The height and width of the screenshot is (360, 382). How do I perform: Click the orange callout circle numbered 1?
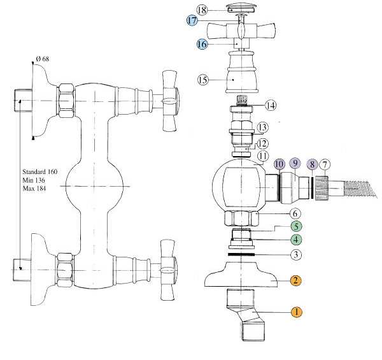pyautogui.click(x=296, y=312)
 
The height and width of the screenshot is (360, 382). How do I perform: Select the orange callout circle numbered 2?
pyautogui.click(x=296, y=280)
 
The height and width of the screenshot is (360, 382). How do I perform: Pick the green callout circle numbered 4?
pyautogui.click(x=296, y=240)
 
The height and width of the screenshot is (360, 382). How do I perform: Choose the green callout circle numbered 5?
pyautogui.click(x=296, y=226)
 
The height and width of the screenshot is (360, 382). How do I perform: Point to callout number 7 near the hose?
pyautogui.click(x=324, y=164)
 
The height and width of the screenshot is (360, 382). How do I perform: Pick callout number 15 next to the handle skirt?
pyautogui.click(x=203, y=80)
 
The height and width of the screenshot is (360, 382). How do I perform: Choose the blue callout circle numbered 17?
pyautogui.click(x=192, y=21)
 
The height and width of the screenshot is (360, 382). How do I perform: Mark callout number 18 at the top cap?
pyautogui.click(x=202, y=10)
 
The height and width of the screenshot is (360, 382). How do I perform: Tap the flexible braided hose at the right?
pyautogui.click(x=360, y=187)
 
